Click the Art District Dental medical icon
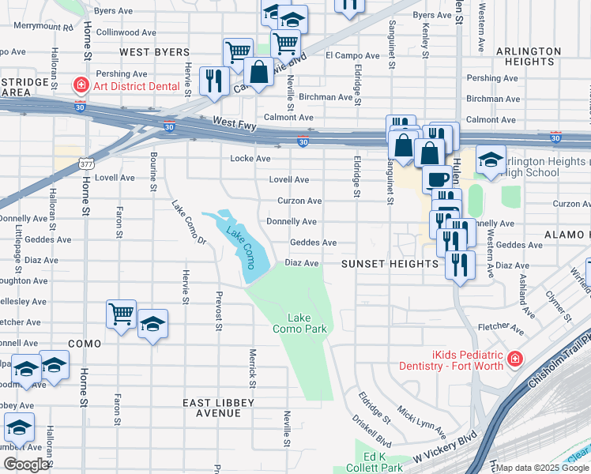tap(80, 85)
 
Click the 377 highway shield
tap(86, 164)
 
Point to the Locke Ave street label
tap(245, 159)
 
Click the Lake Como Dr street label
tap(189, 222)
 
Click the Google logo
tap(27, 465)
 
